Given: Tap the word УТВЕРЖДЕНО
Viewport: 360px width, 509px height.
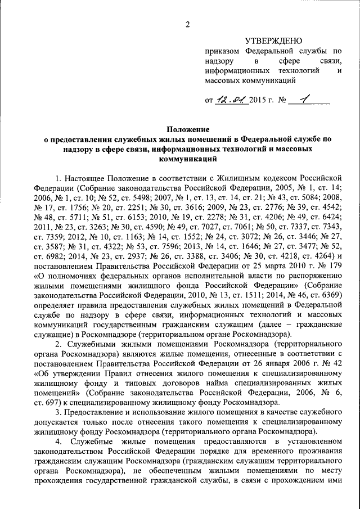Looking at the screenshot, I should coord(273,40).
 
